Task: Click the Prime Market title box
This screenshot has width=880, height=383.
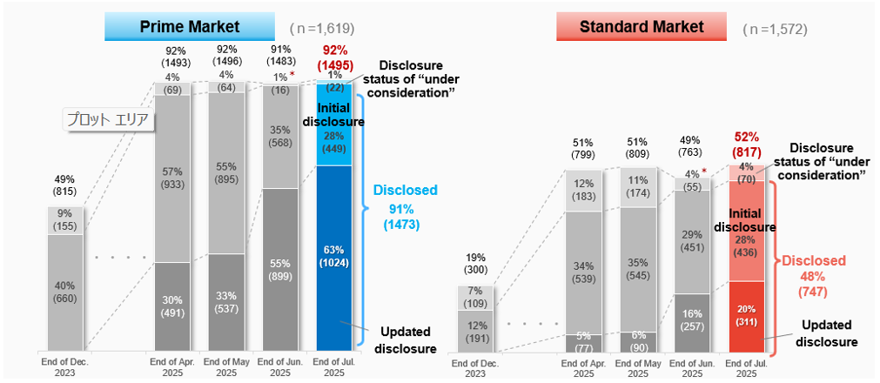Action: [x=190, y=28]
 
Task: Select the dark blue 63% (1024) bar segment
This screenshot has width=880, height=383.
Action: [x=335, y=258]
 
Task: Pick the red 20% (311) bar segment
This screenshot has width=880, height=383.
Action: [x=747, y=315]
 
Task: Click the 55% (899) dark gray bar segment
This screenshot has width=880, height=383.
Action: [x=281, y=269]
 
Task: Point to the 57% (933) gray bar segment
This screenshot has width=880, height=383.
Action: [x=173, y=178]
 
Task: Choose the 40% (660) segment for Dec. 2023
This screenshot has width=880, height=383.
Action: [x=65, y=292]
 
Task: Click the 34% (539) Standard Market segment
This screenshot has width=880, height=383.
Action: [x=583, y=272]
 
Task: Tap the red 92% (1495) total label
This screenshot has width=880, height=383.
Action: [x=335, y=57]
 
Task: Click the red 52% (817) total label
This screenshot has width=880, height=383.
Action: [x=746, y=144]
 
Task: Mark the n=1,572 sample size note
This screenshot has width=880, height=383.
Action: [x=775, y=29]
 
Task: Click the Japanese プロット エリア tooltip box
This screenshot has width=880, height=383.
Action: [x=110, y=120]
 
